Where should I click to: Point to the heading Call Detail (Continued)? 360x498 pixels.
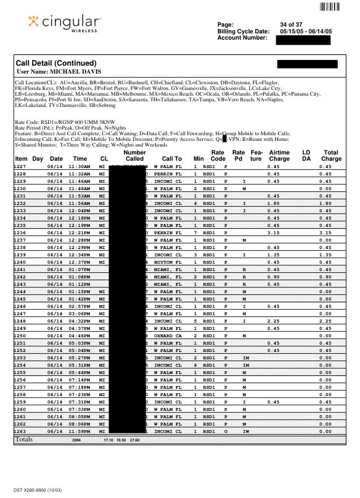pos(56,63)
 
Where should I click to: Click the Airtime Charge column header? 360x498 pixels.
pos(279,156)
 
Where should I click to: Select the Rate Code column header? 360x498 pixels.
pos(217,156)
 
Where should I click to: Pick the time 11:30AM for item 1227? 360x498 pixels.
pos(79,166)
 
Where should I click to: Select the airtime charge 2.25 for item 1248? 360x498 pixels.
pos(274,321)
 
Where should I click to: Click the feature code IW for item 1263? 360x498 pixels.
pos(245,431)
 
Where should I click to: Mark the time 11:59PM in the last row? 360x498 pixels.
pos(79,431)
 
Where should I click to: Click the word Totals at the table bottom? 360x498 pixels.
pos(24,439)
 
